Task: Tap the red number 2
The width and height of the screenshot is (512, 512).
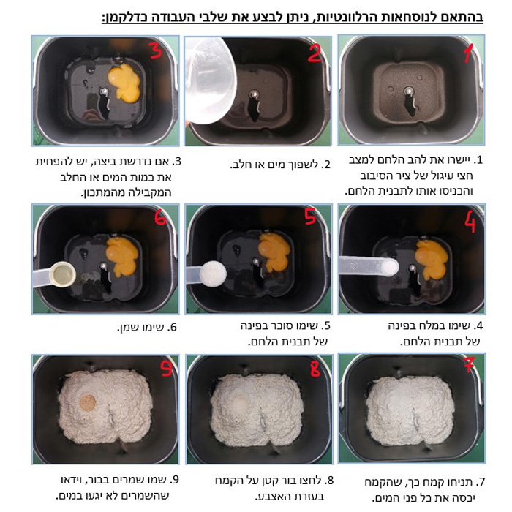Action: [315, 53]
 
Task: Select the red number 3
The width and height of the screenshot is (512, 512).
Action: [155, 50]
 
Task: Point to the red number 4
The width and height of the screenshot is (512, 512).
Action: [470, 222]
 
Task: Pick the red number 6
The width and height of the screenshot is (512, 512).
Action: [160, 217]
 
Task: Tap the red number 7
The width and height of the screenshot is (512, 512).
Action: [469, 364]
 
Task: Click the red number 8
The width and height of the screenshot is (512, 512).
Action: [315, 369]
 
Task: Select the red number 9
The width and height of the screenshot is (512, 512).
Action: [166, 368]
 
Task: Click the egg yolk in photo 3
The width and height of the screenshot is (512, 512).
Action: [124, 83]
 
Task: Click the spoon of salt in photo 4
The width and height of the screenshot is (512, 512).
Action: [369, 266]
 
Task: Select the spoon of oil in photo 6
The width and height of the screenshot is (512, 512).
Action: [55, 275]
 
